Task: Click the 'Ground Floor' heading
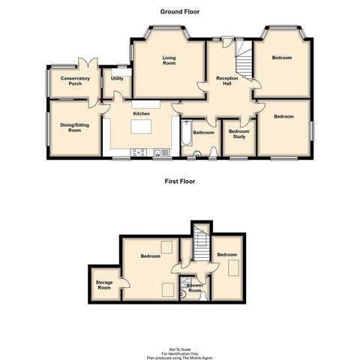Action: [180, 12]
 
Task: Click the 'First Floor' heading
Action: [180, 181]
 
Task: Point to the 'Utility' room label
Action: [117, 78]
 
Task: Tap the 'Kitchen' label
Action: [141, 113]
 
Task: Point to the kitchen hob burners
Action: [139, 153]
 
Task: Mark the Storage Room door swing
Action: [124, 283]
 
